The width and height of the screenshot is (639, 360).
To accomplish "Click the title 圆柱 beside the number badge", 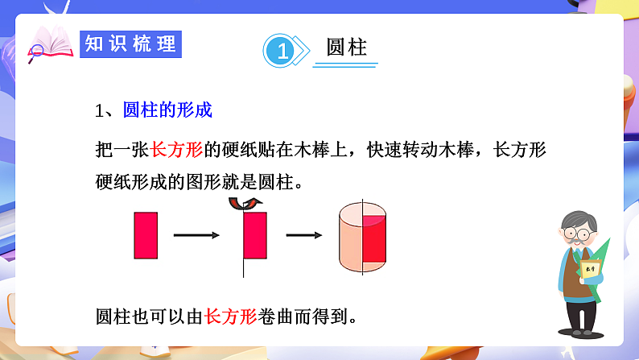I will [x=347, y=48].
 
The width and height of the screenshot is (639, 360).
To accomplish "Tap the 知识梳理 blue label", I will [x=130, y=43].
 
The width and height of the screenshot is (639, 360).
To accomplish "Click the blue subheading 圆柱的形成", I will [x=167, y=110].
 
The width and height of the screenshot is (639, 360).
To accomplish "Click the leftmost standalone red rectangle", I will [x=146, y=234].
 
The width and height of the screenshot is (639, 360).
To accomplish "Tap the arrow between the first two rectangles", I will [x=196, y=235].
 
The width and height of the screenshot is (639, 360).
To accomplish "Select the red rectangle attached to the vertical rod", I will [x=255, y=234].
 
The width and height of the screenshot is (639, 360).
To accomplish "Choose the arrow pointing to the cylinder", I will [x=304, y=235].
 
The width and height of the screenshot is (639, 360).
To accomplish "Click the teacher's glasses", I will [x=578, y=234].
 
